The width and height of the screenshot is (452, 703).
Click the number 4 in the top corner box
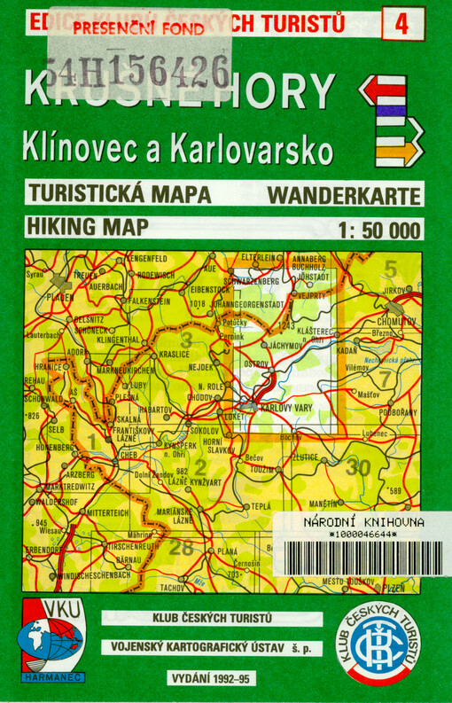click(x=402, y=24)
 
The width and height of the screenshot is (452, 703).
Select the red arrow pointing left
click(x=382, y=90)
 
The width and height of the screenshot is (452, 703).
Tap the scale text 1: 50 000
click(x=378, y=229)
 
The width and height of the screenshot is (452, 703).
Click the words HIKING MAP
click(x=87, y=225)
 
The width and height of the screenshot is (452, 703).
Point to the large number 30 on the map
click(x=360, y=466)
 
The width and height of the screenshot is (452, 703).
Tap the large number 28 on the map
click(x=181, y=548)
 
